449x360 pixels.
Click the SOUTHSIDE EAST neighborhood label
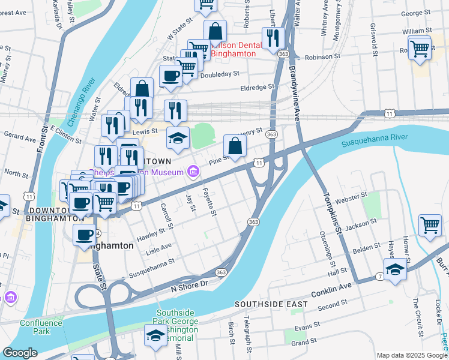click(x=271, y=304)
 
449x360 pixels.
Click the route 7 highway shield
click(x=381, y=275)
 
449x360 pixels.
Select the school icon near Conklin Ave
click(x=395, y=269)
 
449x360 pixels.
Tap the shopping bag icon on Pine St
click(x=235, y=146)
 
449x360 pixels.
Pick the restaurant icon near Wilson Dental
click(x=273, y=38)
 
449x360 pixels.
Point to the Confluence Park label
click(x=41, y=327)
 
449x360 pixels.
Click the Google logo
click(x=20, y=353)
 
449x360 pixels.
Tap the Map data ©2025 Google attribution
click(x=411, y=355)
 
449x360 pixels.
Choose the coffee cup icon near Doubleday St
click(x=170, y=76)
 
